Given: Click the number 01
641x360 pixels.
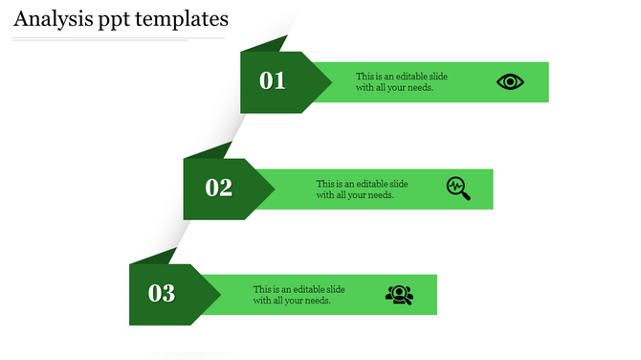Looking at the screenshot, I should pos(273,81).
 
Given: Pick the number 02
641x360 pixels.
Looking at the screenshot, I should pos(219,188).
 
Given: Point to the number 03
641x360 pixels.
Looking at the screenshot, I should pos(162,293).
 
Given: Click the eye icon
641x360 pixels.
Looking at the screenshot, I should pos(510,81).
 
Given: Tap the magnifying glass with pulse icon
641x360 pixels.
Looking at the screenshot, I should pos(458,188).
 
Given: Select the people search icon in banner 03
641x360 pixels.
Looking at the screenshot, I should pos(399,294).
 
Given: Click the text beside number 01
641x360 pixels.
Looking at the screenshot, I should pos(401,81).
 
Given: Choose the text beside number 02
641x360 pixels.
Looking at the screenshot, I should pos(362,189).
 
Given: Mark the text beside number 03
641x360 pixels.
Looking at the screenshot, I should pos(298,294).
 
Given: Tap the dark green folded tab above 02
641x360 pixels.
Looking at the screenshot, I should pos(210,150).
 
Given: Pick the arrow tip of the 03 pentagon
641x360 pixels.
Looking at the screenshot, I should pos(216,293).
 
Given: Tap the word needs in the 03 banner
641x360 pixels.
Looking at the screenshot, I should pos(319,300).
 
